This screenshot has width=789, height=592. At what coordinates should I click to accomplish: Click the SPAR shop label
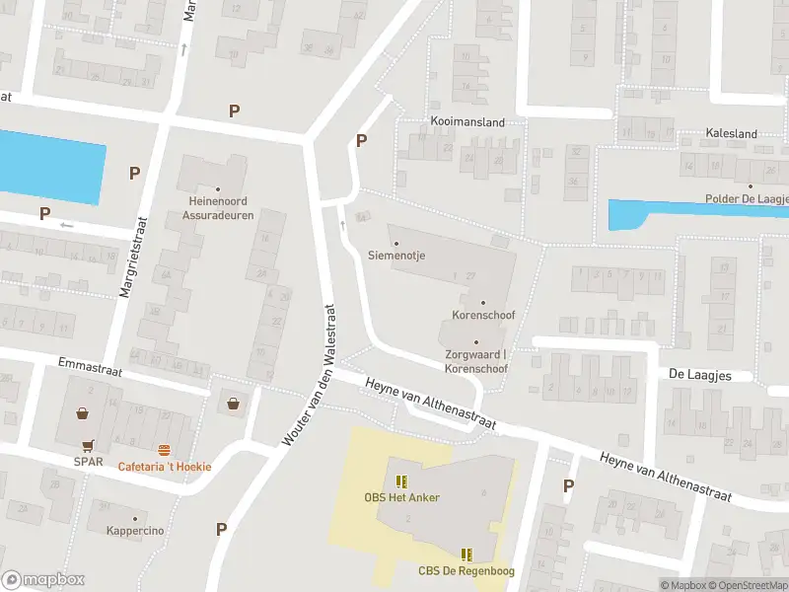click(88, 462)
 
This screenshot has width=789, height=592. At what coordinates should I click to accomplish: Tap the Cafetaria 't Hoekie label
click(165, 466)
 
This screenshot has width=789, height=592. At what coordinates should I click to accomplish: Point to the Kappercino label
click(136, 531)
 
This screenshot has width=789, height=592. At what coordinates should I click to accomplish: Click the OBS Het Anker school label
click(401, 496)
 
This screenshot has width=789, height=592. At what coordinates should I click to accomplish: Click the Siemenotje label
click(396, 255)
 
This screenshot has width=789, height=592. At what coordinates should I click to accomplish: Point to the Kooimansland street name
click(467, 122)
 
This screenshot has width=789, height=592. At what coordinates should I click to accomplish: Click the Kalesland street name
click(732, 133)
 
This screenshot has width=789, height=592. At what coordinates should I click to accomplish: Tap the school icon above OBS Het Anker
click(400, 481)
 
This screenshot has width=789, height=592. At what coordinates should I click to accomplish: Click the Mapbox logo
click(42, 579)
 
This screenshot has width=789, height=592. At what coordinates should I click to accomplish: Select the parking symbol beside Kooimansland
click(361, 141)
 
